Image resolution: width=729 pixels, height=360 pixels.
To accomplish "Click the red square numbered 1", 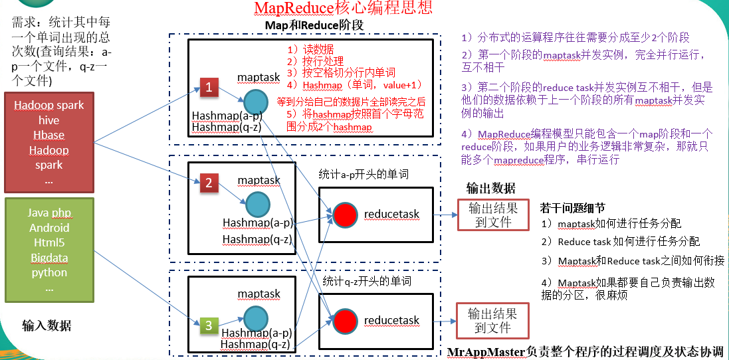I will coord(209,87).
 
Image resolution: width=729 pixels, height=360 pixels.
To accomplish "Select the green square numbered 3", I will coord(209,325).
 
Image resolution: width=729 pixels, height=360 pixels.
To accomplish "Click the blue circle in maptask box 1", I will coord(255,102).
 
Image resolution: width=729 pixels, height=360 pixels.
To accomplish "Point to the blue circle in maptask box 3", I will coord(255,318).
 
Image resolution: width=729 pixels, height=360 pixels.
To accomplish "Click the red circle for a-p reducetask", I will coord(344,214).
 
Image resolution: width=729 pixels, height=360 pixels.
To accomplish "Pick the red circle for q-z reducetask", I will coord(344,321).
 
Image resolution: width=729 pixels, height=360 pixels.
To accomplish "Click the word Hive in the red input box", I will coord(49,120).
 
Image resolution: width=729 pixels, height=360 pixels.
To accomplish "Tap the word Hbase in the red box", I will coord(49,135).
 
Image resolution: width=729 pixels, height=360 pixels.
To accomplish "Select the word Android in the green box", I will coord(49,228).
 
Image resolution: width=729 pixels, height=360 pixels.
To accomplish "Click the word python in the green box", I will coord(49,272).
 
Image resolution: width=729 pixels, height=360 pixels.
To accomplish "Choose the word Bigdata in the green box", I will coord(49,258).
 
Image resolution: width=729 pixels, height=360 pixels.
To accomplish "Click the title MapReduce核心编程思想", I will coord(343,8).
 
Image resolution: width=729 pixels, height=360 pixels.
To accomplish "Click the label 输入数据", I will coord(47,325).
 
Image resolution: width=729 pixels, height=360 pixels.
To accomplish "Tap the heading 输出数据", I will coord(490,188).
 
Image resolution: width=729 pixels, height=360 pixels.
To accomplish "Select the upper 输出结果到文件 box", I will coord(492,215).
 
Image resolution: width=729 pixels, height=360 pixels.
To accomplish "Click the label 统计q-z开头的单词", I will coord(367,281).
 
